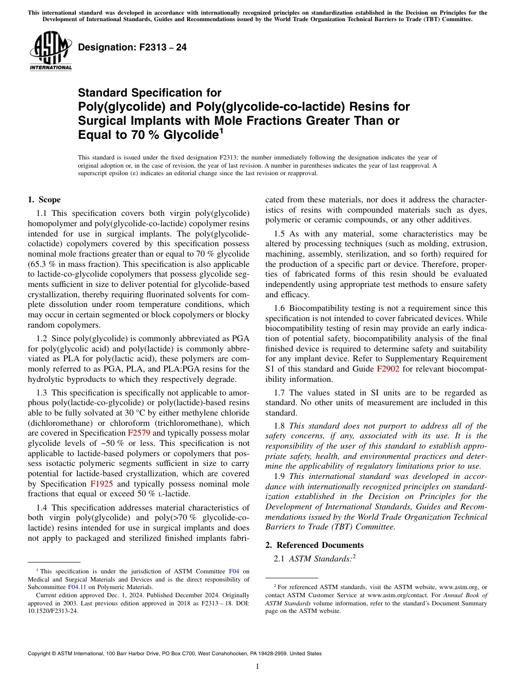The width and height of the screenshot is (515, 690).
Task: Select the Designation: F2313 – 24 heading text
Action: pos(132,47)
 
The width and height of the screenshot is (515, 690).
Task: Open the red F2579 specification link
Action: pos(139,433)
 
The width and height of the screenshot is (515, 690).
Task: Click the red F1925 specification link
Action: pos(101,484)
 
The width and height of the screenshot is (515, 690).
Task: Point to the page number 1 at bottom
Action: pos(257,667)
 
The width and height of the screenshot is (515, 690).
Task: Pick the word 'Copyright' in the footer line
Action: pos(41,654)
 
